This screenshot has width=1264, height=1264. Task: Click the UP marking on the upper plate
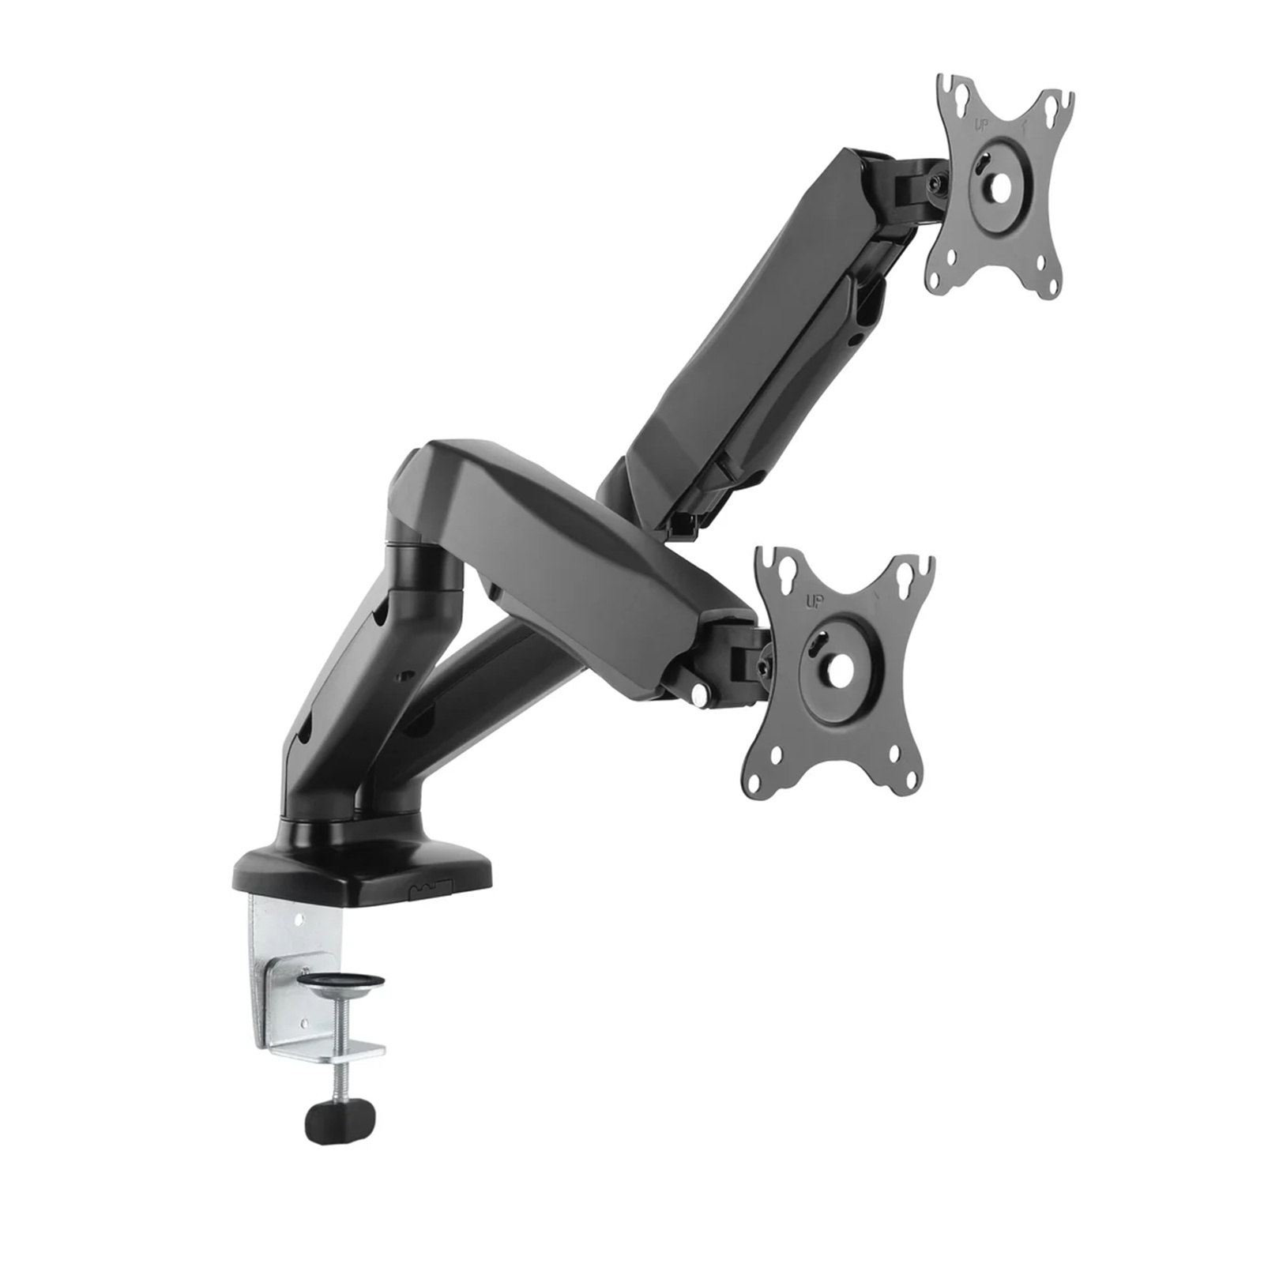(980, 125)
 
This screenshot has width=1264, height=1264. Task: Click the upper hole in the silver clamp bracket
(301, 919)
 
